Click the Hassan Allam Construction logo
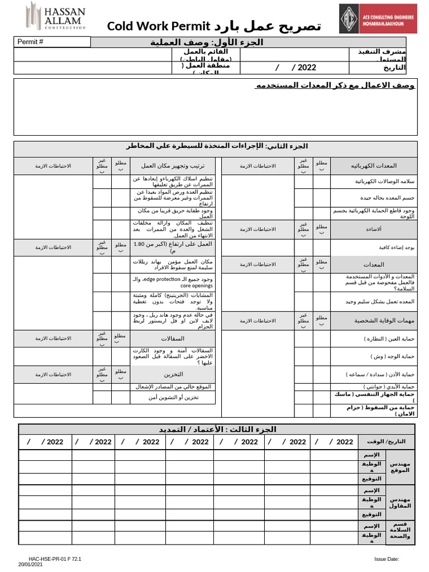(x=56, y=17)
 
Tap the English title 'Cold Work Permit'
(x=158, y=26)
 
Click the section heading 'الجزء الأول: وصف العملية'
(x=207, y=42)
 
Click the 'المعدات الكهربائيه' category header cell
(x=374, y=166)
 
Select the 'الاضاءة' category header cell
(x=374, y=229)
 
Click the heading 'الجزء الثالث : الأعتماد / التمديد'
(x=217, y=429)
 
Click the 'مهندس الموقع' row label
(x=400, y=467)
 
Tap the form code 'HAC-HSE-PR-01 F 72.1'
(x=55, y=559)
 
